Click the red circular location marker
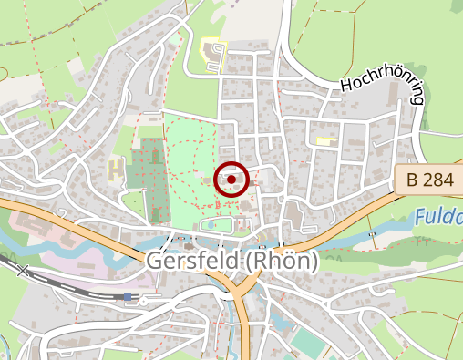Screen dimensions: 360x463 (x=231, y=180)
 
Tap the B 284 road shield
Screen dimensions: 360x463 (x=427, y=180)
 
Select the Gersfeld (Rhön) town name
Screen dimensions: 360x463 (x=231, y=262)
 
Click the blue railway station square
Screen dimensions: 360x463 (x=127, y=297)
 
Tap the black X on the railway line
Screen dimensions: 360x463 (x=23, y=270)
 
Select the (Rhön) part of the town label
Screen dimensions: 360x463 (x=280, y=262)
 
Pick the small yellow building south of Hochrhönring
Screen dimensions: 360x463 (x=324, y=140)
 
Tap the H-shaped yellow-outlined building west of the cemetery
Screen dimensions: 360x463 (x=115, y=170)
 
